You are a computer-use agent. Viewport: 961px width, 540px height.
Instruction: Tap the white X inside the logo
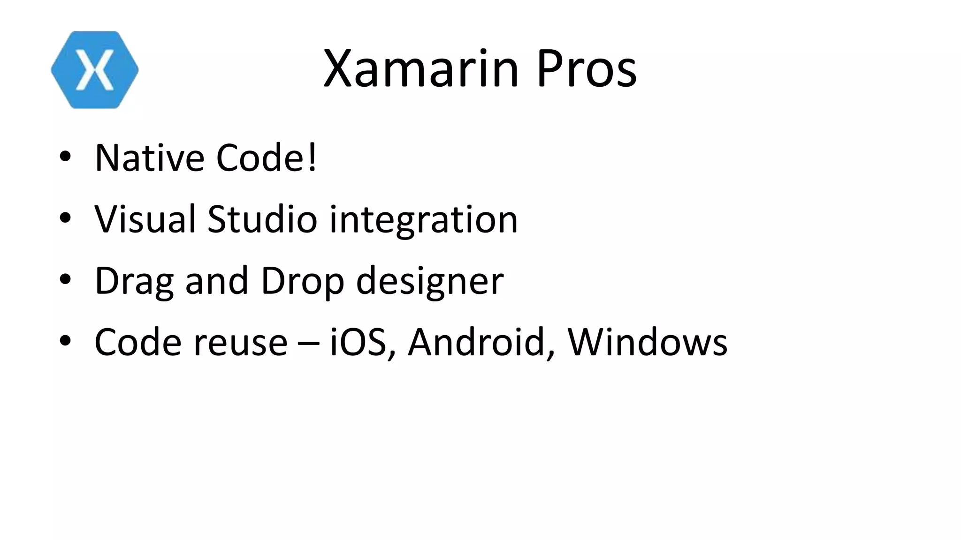coord(95,70)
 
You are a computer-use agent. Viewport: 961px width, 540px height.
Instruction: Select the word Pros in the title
coord(586,69)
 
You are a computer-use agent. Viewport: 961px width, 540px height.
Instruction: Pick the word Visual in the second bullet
coord(145,219)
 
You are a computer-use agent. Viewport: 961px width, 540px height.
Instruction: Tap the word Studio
coord(262,219)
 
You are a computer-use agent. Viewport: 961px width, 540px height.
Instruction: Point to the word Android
coord(477,342)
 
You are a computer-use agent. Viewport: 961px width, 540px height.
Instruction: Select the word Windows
coord(648,342)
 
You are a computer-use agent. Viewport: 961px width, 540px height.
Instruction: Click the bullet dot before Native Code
coord(65,157)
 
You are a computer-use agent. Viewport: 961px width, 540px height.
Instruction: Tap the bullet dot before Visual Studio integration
coord(65,218)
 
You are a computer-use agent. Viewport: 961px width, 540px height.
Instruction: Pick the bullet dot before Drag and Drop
coord(65,279)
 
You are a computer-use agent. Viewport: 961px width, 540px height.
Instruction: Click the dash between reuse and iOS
coord(308,344)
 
